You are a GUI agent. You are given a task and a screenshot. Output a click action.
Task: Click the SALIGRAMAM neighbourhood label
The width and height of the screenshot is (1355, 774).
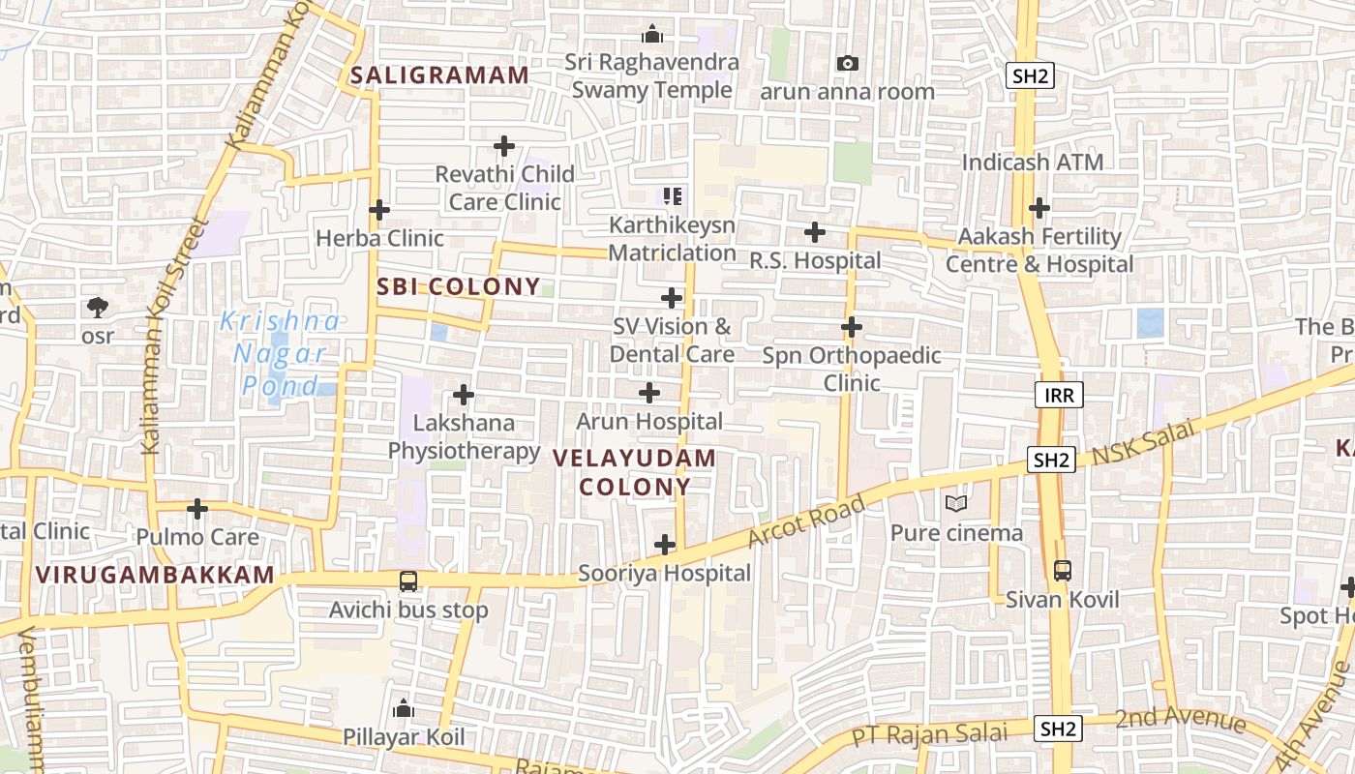pyautogui.click(x=440, y=75)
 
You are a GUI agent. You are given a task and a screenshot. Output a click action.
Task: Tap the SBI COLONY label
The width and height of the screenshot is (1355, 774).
pyautogui.click(x=459, y=286)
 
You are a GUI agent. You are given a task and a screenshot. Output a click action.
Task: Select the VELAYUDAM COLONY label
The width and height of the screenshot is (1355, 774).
pyautogui.click(x=635, y=472)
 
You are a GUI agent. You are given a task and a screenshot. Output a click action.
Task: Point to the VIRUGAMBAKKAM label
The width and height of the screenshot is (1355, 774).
pyautogui.click(x=156, y=575)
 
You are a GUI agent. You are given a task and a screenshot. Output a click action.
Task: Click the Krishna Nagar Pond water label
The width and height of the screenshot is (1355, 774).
pyautogui.click(x=280, y=353)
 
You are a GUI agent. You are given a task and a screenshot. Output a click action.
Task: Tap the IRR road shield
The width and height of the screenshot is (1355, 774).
pyautogui.click(x=1059, y=395)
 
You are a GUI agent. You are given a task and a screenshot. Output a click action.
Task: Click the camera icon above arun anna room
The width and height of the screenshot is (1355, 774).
pyautogui.click(x=848, y=64)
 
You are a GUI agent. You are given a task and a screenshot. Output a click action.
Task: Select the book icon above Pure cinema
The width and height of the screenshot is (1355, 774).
pyautogui.click(x=956, y=503)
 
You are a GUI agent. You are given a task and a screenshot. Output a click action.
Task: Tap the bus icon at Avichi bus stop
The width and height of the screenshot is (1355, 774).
pyautogui.click(x=408, y=581)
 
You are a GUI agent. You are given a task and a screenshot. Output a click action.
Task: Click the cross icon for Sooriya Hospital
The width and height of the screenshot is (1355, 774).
pyautogui.click(x=665, y=545)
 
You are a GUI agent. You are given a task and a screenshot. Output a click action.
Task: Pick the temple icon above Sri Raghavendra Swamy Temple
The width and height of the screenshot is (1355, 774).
pyautogui.click(x=653, y=35)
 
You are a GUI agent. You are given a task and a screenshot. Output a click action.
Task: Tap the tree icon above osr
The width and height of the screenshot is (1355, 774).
pyautogui.click(x=97, y=308)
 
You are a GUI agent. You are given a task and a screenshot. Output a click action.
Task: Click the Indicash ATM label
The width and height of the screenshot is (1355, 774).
pyautogui.click(x=1033, y=162)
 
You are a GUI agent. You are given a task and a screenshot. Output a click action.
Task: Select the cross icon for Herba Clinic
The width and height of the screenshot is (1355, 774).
pyautogui.click(x=379, y=210)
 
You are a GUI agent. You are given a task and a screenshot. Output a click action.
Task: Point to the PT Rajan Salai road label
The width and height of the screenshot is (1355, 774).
pyautogui.click(x=929, y=734)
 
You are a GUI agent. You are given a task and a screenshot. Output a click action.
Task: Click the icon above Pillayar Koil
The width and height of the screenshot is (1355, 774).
pyautogui.click(x=404, y=709)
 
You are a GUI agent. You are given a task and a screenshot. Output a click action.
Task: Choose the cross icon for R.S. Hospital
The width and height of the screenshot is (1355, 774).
pyautogui.click(x=815, y=232)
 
